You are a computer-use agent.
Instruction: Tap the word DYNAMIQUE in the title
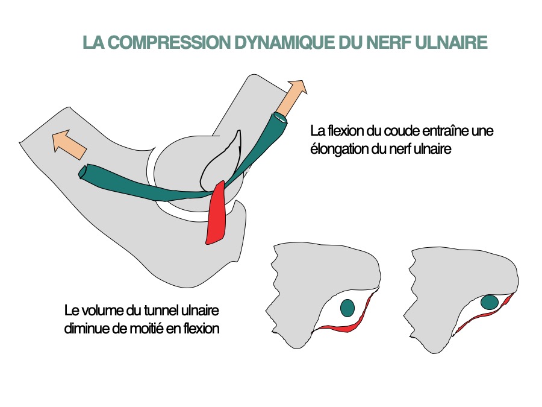261,43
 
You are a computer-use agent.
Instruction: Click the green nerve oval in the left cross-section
347,308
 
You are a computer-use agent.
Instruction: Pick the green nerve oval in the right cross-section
490,301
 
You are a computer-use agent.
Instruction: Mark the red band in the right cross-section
482,317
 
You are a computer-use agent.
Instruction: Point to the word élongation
338,148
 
